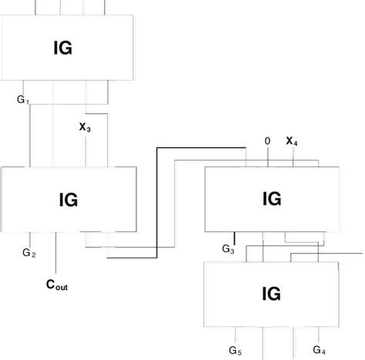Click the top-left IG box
(65, 48)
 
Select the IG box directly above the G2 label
(67, 200)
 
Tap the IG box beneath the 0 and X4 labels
(271, 198)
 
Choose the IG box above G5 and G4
(271, 293)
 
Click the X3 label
(85, 128)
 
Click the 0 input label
(267, 141)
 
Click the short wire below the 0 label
(268, 158)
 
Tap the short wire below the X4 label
(292, 158)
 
